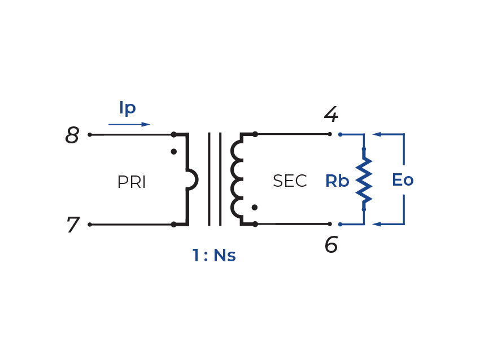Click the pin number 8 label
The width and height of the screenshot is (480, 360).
tap(72, 135)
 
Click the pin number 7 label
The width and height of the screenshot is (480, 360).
tap(72, 225)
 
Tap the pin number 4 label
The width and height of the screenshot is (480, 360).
tap(331, 115)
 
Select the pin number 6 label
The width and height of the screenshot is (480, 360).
tap(331, 245)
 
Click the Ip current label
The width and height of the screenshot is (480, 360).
tap(128, 108)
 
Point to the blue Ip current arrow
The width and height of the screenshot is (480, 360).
tap(130, 124)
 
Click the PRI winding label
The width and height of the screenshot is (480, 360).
tap(132, 182)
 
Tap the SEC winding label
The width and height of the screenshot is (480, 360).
tap(290, 181)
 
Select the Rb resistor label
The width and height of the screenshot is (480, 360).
tap(337, 181)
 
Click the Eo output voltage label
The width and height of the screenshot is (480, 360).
tap(403, 181)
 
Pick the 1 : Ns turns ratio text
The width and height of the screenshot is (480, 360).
tap(213, 256)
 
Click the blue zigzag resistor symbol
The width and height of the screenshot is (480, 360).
tap(364, 179)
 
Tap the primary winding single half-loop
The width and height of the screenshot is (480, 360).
tap(193, 179)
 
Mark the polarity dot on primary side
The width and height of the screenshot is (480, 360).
tap(174, 152)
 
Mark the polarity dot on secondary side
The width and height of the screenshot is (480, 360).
tap(255, 208)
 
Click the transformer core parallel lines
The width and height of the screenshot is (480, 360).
tap(215, 179)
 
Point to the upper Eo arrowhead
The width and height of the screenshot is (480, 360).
tap(377, 135)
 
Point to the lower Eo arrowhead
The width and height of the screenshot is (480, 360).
tap(377, 225)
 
